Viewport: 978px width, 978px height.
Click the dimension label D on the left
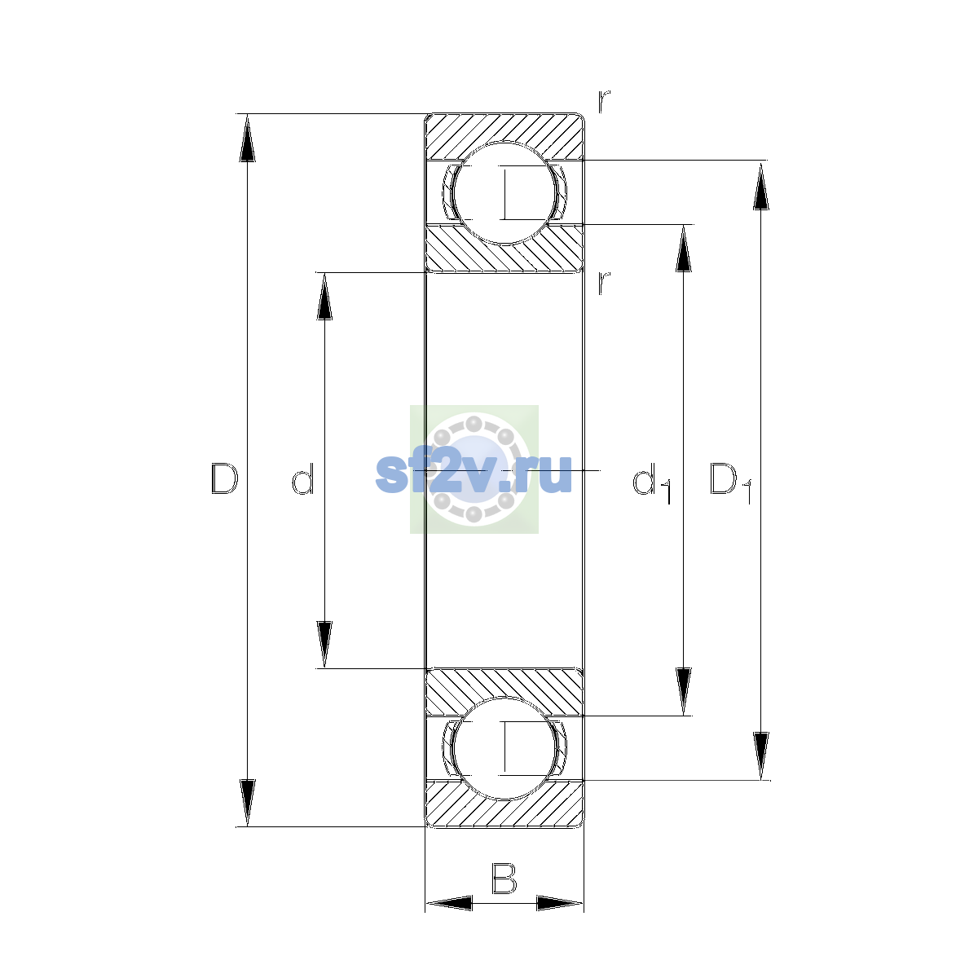click(224, 478)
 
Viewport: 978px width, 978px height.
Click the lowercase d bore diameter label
click(303, 478)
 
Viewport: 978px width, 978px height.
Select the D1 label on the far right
click(730, 483)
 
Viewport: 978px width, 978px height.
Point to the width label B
click(504, 879)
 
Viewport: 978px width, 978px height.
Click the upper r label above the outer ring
click(604, 102)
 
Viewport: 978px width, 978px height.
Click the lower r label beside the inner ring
click(604, 283)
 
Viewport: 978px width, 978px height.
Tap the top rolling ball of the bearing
click(504, 193)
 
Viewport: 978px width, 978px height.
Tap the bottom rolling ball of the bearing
click(504, 748)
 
